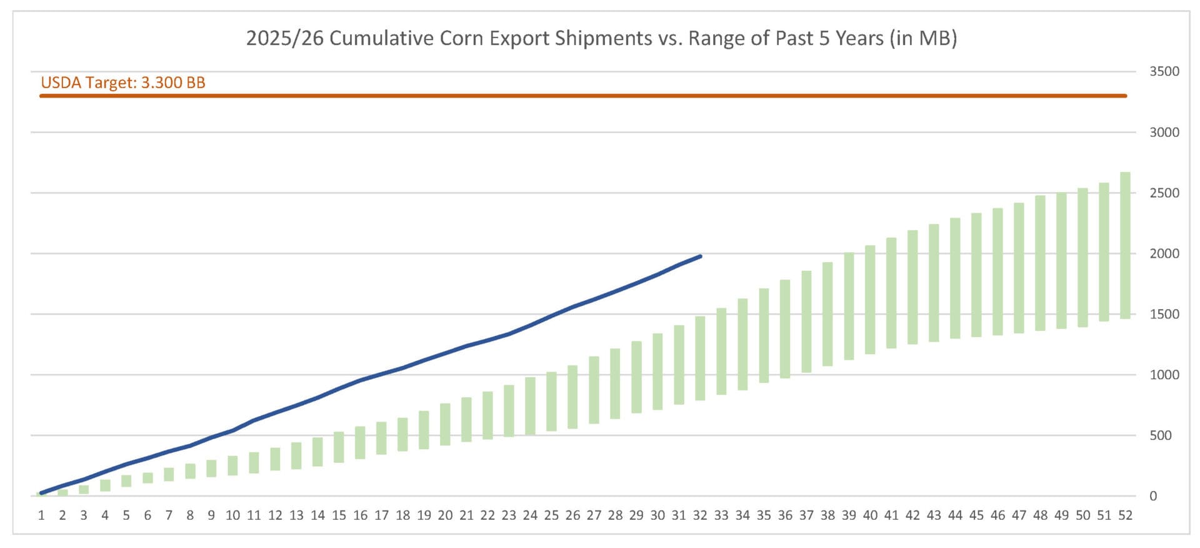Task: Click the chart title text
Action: (601, 38)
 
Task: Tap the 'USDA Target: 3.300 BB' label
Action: (123, 83)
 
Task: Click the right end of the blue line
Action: (700, 256)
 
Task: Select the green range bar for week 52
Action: (1125, 245)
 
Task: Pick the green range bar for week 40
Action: (870, 300)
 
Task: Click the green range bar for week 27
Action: (594, 390)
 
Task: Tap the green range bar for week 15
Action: (339, 447)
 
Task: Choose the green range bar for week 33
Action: (721, 351)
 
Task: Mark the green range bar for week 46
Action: (997, 271)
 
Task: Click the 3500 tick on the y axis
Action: (1164, 71)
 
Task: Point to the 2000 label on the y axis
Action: (1164, 253)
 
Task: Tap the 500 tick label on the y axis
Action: (1161, 435)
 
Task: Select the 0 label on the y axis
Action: (1153, 496)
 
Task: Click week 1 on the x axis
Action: (41, 515)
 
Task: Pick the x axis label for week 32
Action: (700, 515)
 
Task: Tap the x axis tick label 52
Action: (1125, 515)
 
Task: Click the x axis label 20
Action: (445, 515)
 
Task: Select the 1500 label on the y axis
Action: (1164, 314)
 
